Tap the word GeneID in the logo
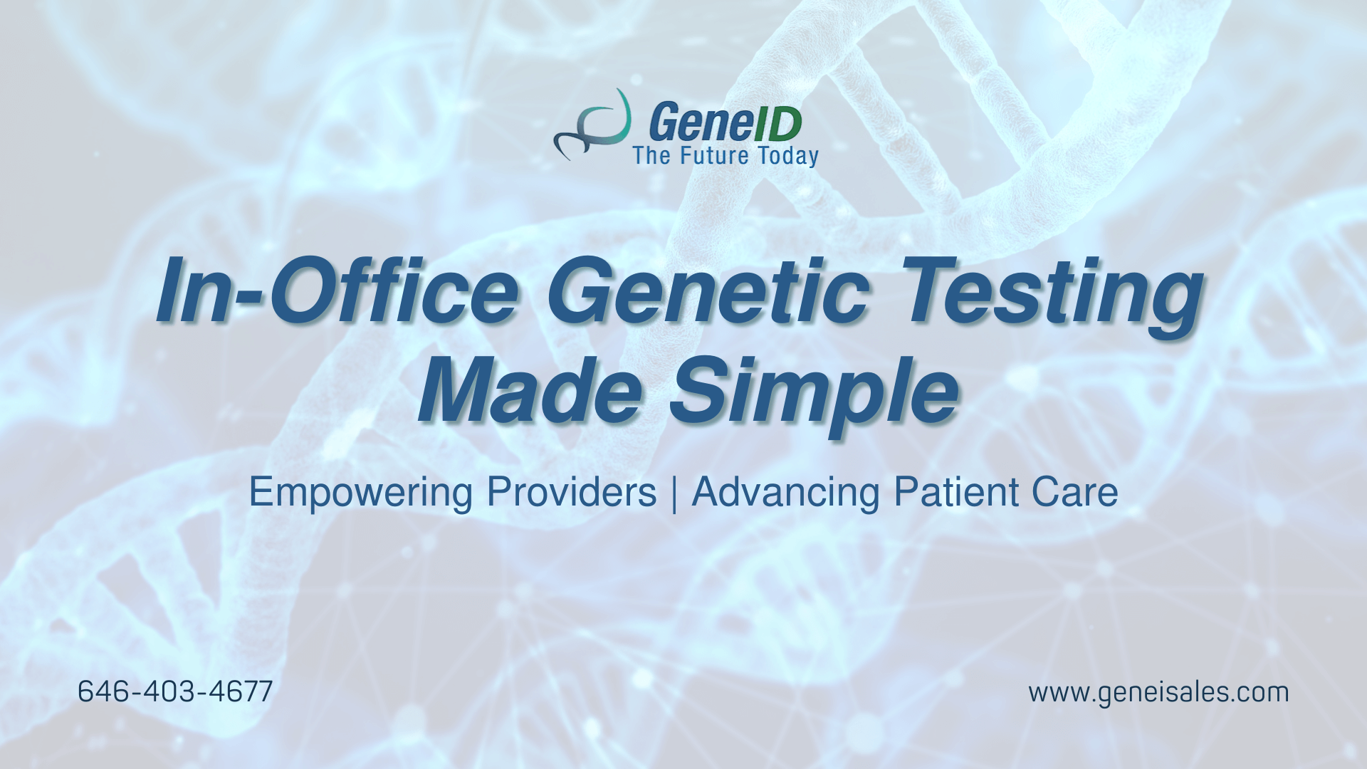point(726,122)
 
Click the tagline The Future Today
point(726,156)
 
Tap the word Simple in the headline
point(815,395)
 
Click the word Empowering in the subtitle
point(360,493)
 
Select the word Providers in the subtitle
point(572,492)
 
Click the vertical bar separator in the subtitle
point(674,493)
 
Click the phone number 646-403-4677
point(175,691)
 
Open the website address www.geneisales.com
point(1158,693)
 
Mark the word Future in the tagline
point(715,155)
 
